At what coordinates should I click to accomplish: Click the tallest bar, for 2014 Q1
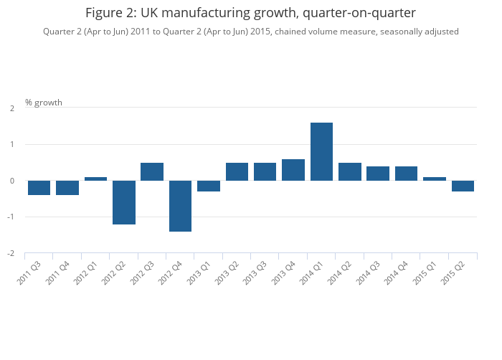(x=321, y=151)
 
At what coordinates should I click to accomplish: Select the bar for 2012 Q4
(x=180, y=206)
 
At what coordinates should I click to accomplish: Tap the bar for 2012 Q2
(x=124, y=202)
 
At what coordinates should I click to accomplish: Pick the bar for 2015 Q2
(x=463, y=186)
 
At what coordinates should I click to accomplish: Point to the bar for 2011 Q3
(x=39, y=188)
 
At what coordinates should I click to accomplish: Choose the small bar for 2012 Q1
(x=95, y=179)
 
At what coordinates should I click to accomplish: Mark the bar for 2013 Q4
(x=293, y=170)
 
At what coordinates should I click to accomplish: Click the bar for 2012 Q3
(x=152, y=171)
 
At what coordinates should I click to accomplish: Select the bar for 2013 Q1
(x=209, y=186)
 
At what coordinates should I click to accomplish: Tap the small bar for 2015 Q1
(x=435, y=179)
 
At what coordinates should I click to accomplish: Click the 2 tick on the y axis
(x=12, y=108)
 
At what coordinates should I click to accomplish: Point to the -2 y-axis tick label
(x=11, y=253)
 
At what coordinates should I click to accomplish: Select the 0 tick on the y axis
(x=12, y=181)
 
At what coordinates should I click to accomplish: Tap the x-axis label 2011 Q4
(x=58, y=272)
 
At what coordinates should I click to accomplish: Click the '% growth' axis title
(x=44, y=103)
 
